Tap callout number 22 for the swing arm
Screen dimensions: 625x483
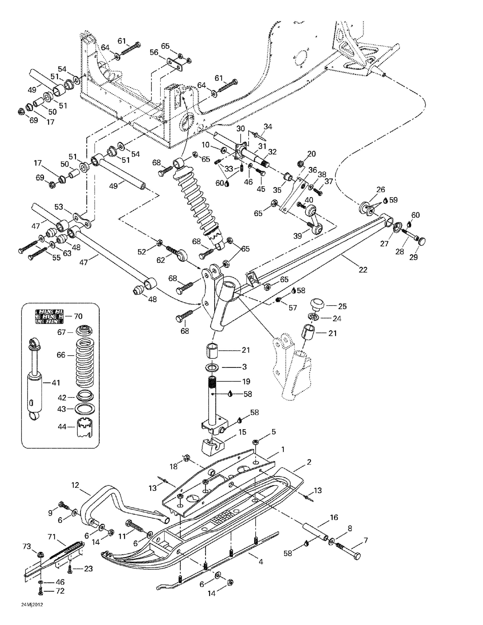pyautogui.click(x=363, y=270)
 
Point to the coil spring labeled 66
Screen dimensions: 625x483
pyautogui.click(x=85, y=362)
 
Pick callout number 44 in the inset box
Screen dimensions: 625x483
pyautogui.click(x=62, y=427)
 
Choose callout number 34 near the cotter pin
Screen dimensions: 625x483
pyautogui.click(x=268, y=126)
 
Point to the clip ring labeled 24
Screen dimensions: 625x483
pyautogui.click(x=314, y=317)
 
